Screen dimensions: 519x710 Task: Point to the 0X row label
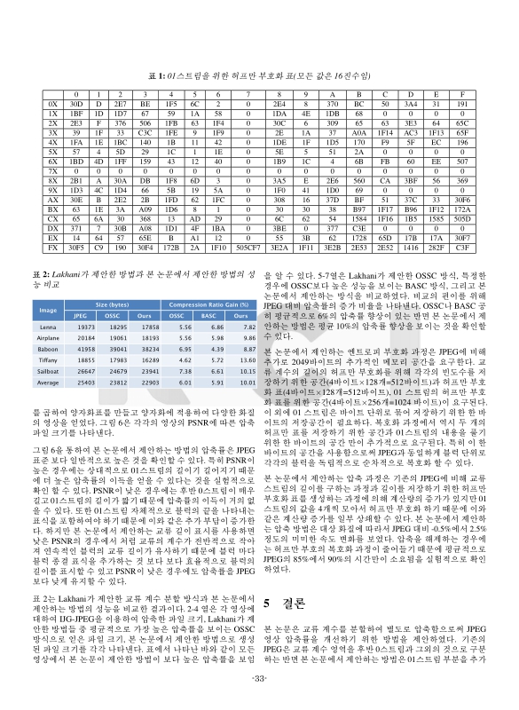[51, 104]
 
